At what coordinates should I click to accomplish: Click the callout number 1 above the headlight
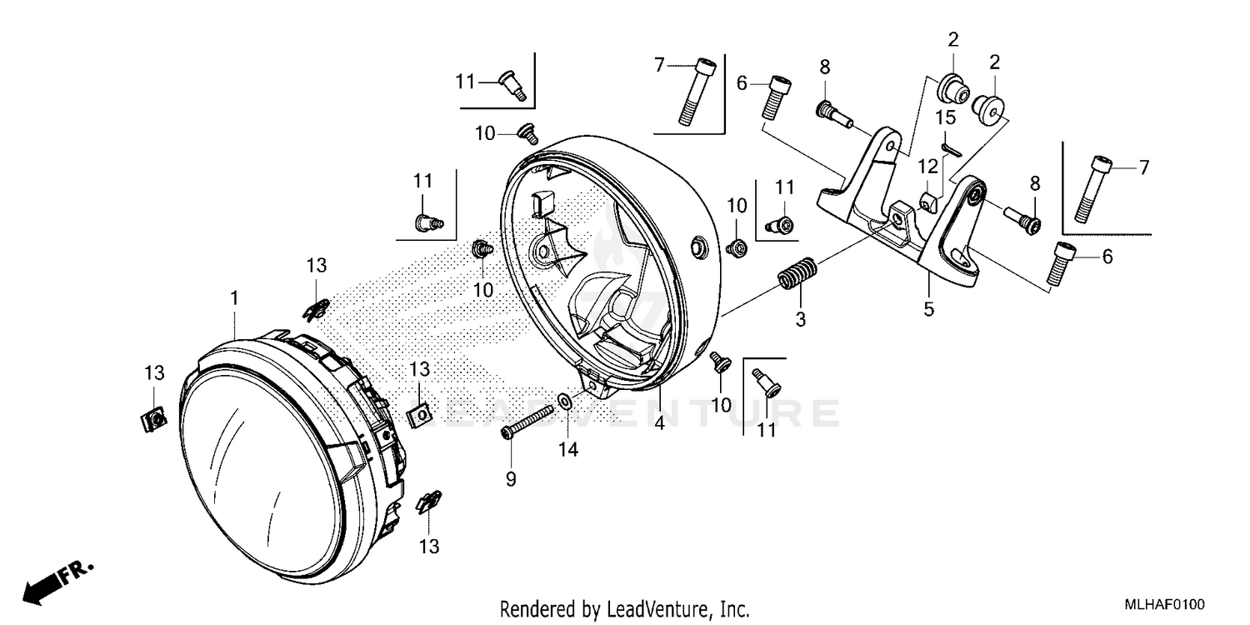click(235, 297)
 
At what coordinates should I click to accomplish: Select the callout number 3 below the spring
click(800, 319)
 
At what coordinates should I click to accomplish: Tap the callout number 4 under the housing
click(658, 422)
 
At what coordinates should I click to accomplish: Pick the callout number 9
click(511, 479)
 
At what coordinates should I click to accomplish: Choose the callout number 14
click(568, 449)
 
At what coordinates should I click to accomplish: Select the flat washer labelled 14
click(565, 403)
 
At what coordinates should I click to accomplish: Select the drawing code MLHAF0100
click(1162, 605)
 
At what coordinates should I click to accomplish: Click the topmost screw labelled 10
click(527, 132)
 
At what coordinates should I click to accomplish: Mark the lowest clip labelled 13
click(429, 502)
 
